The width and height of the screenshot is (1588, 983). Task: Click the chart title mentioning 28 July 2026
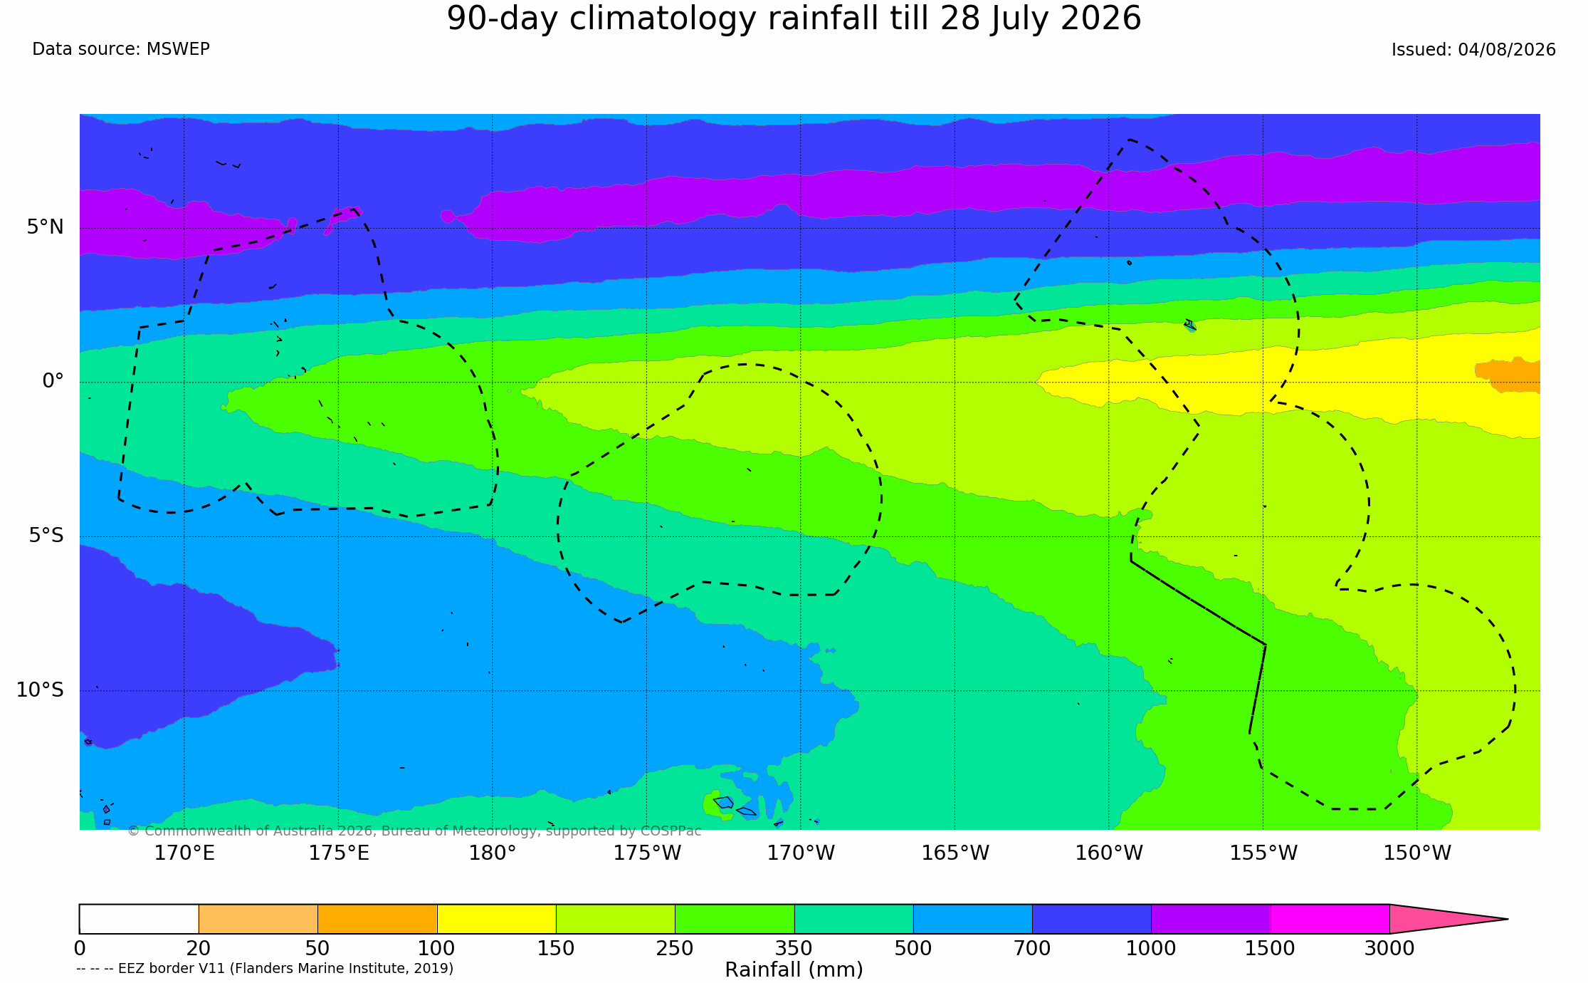pos(794,19)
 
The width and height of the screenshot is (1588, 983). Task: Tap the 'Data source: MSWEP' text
pos(121,49)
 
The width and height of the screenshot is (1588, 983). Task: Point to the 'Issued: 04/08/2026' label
pos(1473,50)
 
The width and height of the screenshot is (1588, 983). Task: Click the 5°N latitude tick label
pos(46,227)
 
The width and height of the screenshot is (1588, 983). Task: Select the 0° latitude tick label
pos(53,381)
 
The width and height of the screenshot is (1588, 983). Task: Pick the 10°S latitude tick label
pos(40,690)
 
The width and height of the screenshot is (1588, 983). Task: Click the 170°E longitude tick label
pos(184,853)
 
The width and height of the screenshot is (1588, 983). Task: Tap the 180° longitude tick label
pos(492,853)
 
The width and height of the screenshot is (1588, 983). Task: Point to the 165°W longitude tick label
pos(955,853)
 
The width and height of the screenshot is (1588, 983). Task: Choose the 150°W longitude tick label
pos(1417,853)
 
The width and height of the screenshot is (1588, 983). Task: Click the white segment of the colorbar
pos(139,919)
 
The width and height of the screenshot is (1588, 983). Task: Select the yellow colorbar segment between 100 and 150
pos(496,919)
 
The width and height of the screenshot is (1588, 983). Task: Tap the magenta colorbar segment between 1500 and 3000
pos(1330,919)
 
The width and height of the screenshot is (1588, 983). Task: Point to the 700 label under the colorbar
pos(1032,949)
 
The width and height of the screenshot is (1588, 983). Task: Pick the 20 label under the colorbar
pos(199,949)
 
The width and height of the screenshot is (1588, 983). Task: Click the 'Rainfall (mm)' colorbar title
pos(794,970)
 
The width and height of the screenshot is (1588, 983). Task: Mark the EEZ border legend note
pos(265,969)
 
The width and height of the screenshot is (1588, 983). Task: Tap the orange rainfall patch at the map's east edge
pos(1510,375)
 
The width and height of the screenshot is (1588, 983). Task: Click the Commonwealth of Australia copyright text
pos(414,831)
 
